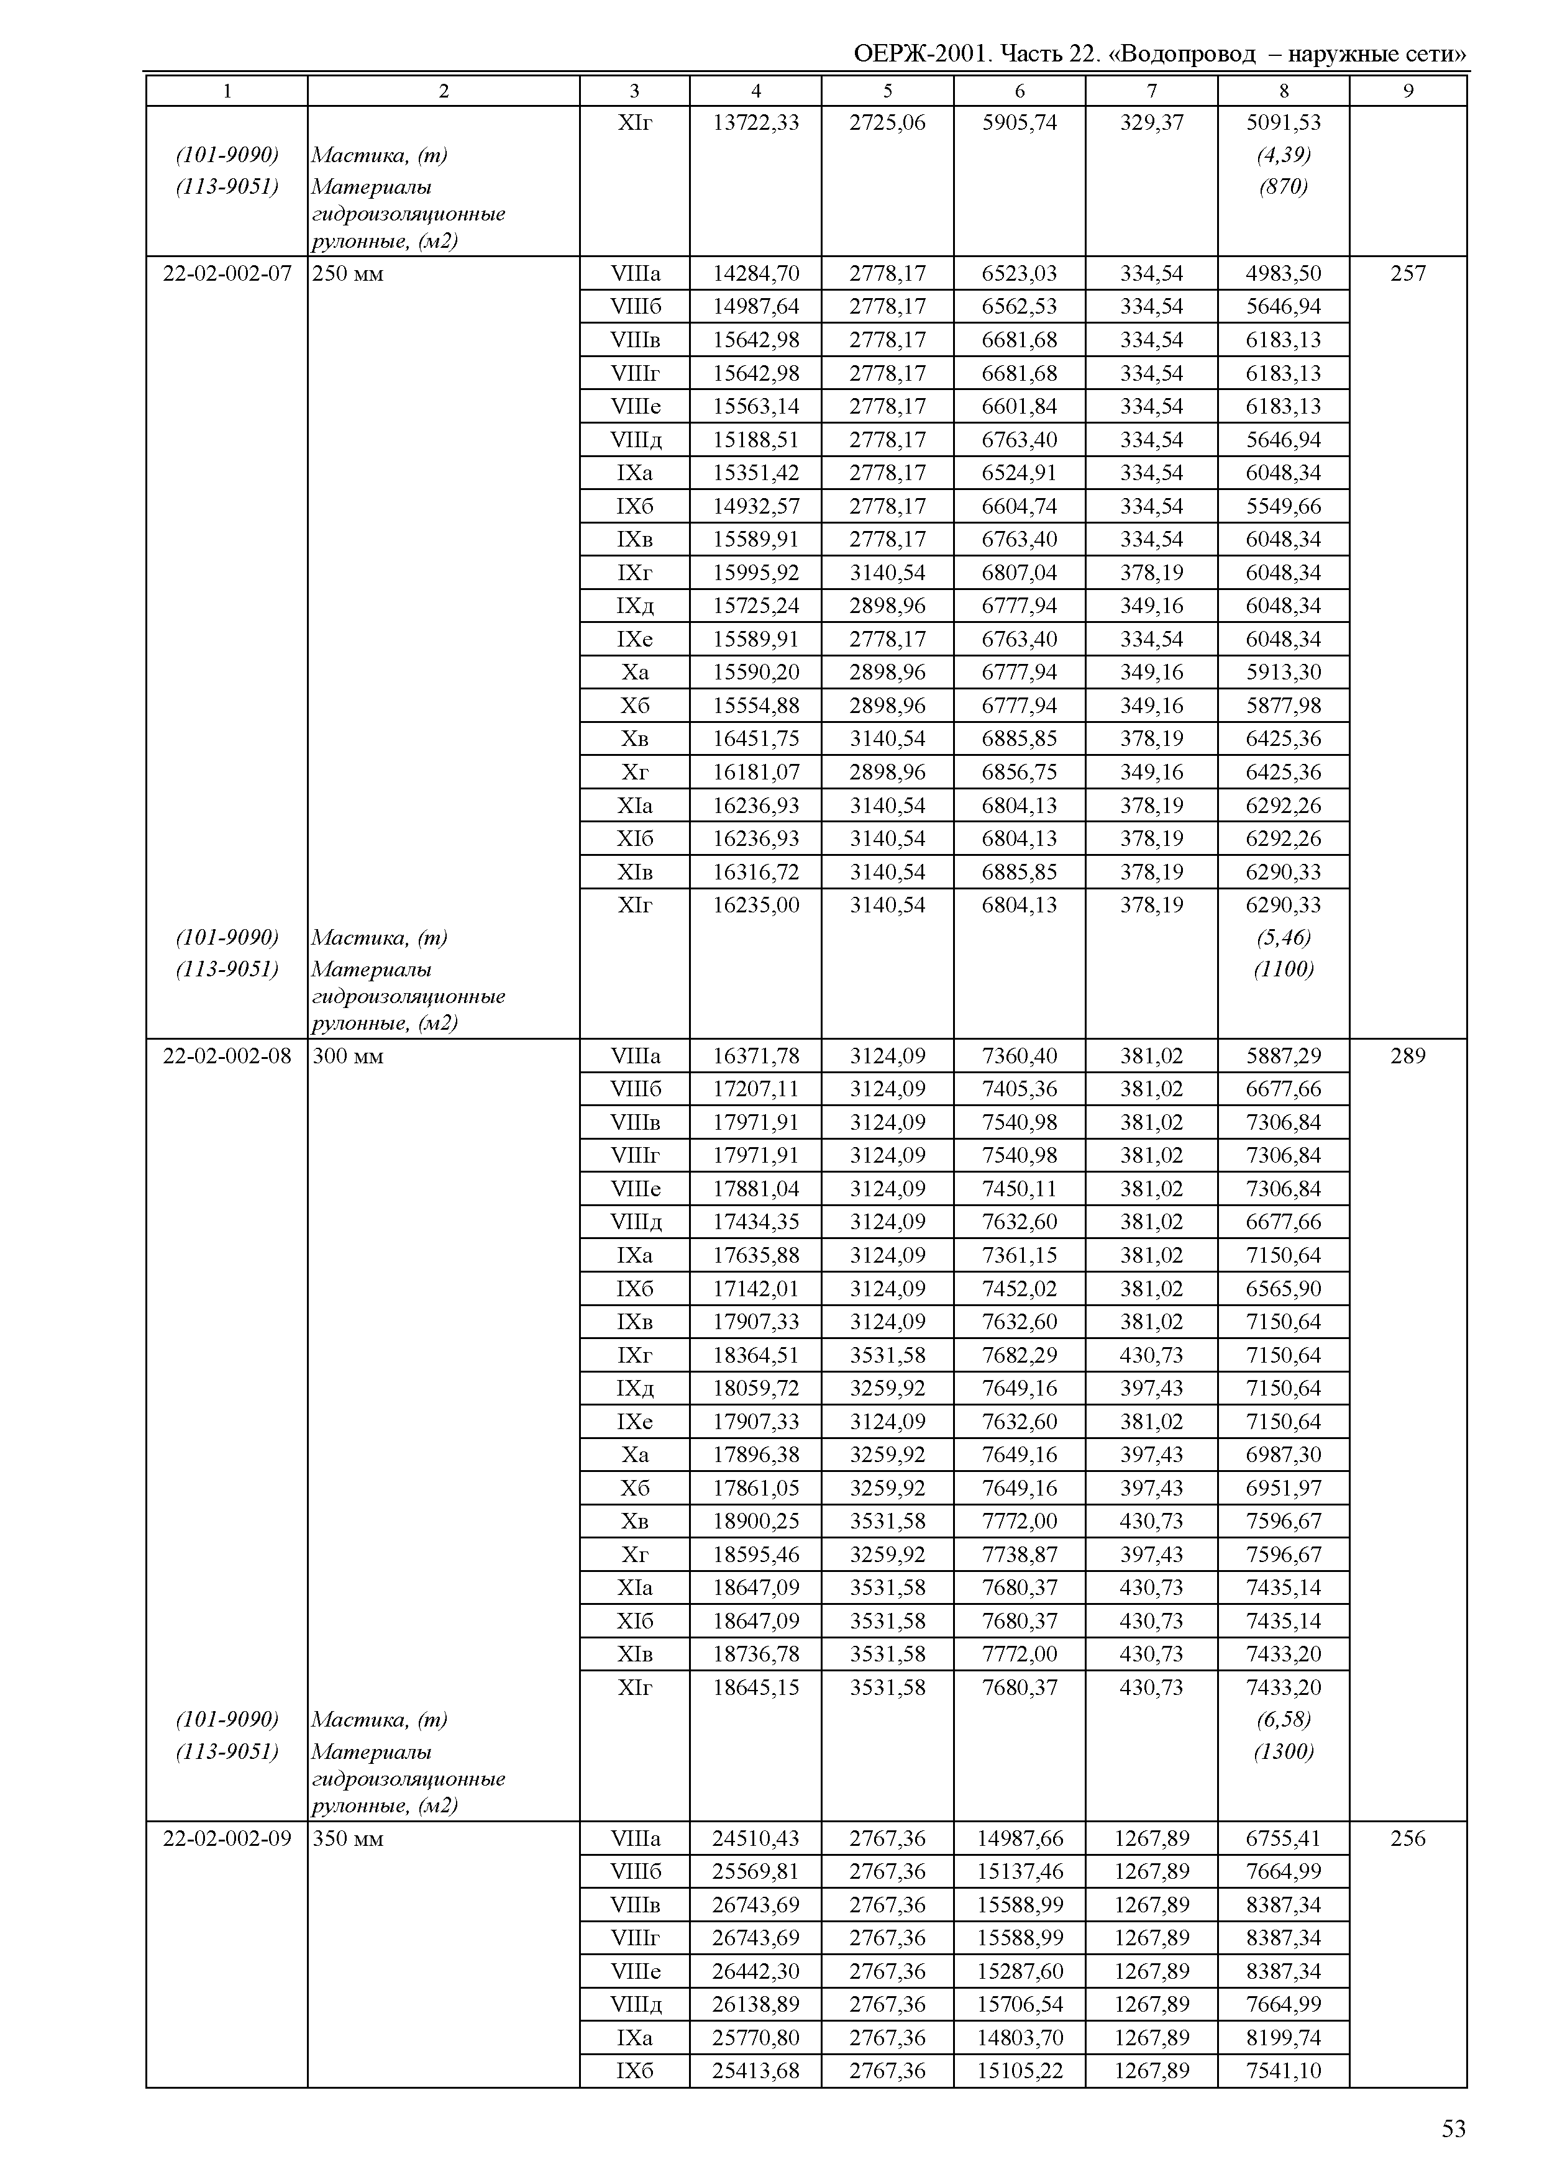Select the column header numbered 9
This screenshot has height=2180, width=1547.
(x=1408, y=91)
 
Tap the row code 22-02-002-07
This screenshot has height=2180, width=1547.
(x=227, y=275)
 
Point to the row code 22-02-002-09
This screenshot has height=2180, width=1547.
(x=227, y=1839)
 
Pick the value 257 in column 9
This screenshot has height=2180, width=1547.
(x=1408, y=275)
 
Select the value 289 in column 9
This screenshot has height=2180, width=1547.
(x=1408, y=1056)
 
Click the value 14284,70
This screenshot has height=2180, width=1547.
(x=756, y=275)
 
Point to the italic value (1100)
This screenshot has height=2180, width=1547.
(x=1283, y=970)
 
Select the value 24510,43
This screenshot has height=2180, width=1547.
(x=756, y=1839)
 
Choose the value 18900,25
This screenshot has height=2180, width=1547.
(x=756, y=1522)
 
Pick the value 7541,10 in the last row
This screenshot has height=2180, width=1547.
(x=1283, y=2071)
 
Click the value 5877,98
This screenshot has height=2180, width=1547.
(x=1283, y=706)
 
